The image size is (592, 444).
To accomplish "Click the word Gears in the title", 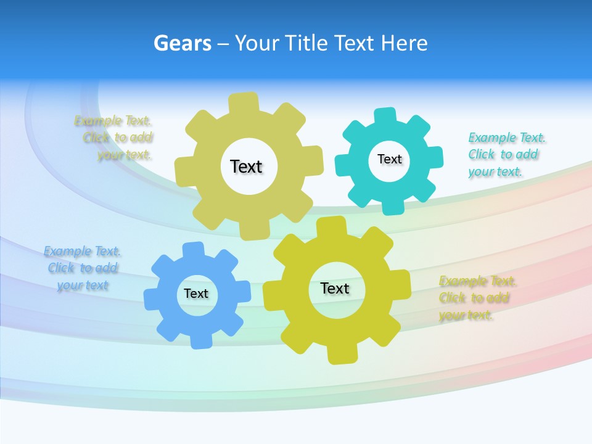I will [x=182, y=43].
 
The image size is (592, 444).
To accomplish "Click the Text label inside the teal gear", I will [x=389, y=159].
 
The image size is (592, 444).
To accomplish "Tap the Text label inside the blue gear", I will [x=196, y=294].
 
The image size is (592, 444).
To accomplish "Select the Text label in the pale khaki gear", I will [x=246, y=166].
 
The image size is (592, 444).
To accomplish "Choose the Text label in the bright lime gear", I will [x=335, y=288].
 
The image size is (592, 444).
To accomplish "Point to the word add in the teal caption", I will [x=527, y=154].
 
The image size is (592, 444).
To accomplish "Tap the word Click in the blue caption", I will [x=61, y=268].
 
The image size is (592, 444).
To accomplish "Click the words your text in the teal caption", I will [x=495, y=171].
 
